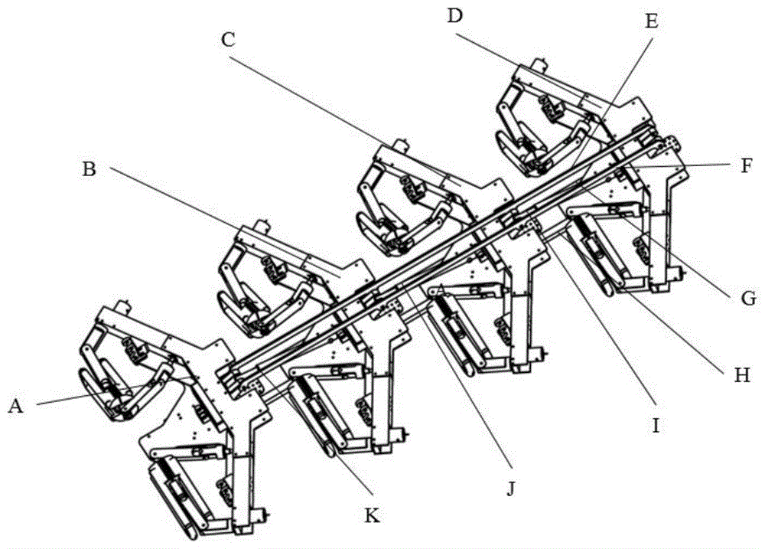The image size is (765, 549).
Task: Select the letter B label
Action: [90, 169]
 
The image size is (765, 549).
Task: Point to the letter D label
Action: [454, 15]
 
